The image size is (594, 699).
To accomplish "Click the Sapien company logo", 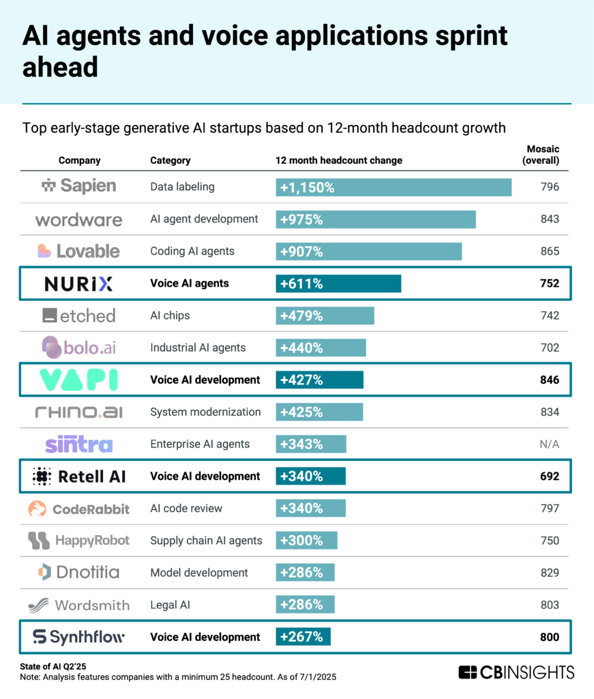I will coord(78,186).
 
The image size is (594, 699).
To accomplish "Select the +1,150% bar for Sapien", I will coord(393,187).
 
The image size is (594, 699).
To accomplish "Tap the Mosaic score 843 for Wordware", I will coord(548,219).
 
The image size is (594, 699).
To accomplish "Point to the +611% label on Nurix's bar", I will coord(300,284).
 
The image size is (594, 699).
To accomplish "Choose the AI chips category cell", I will coord(170,315).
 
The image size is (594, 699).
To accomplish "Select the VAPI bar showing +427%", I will coord(319,380).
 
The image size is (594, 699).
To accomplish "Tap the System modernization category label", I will coord(205,412).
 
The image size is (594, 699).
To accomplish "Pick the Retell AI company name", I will coord(91,476).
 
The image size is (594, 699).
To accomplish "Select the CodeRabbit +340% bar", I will coord(310,509).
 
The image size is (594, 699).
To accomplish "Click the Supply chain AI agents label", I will coord(206,541).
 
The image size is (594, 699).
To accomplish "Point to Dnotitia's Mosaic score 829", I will coord(548,573).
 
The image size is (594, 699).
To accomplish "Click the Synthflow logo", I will coord(78,637).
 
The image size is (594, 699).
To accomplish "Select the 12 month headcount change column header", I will coord(338,160).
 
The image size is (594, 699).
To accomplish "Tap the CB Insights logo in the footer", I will coord(516,672).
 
